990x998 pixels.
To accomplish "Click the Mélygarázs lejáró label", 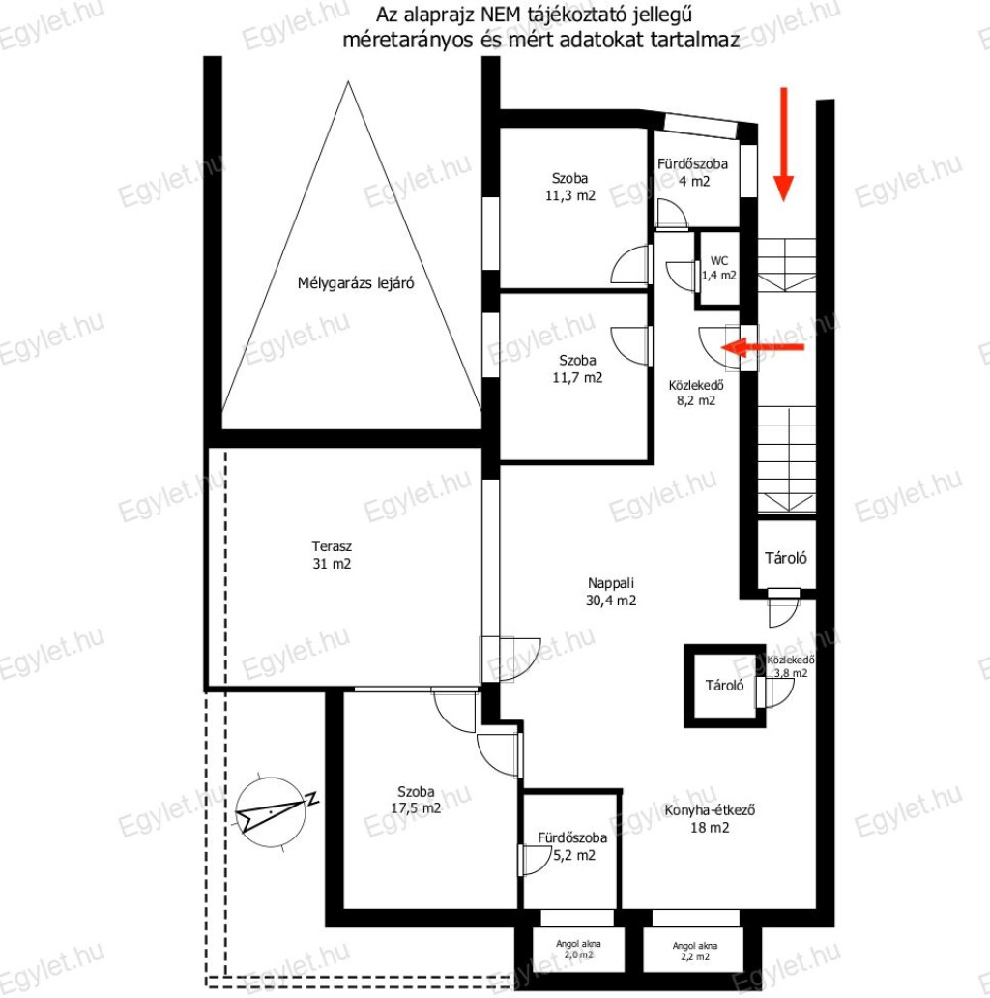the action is click(x=356, y=282).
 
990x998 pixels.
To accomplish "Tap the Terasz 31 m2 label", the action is click(x=332, y=555).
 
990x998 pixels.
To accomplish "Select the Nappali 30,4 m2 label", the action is click(x=611, y=591).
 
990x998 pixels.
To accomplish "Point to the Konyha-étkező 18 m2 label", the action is click(x=710, y=818).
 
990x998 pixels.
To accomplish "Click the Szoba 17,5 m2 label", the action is click(x=416, y=800).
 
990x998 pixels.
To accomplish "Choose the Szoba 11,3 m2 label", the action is click(x=570, y=188).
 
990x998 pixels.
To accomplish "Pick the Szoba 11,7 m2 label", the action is click(x=577, y=368).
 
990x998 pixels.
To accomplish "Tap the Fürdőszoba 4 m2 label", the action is click(x=693, y=172).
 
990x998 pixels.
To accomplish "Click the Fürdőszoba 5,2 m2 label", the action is click(x=572, y=846).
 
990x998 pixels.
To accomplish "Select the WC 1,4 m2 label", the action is click(x=719, y=268).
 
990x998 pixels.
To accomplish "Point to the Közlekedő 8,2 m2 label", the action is click(x=696, y=393).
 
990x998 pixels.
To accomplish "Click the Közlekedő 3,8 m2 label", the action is click(x=791, y=666).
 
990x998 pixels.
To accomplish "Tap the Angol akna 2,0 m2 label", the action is click(x=578, y=949).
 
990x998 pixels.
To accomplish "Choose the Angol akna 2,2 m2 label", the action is click(x=695, y=951).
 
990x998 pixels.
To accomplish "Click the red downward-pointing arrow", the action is click(x=784, y=144).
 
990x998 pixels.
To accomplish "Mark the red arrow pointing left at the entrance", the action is click(x=762, y=347).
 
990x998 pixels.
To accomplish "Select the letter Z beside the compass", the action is click(x=311, y=798).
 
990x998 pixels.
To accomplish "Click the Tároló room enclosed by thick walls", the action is click(x=725, y=686).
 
